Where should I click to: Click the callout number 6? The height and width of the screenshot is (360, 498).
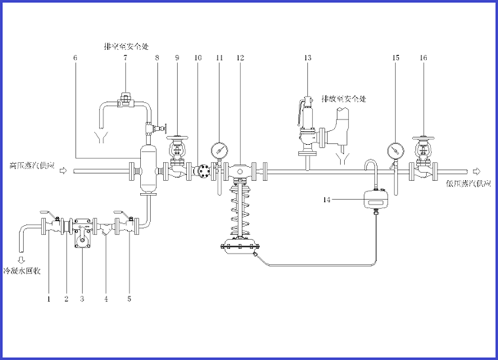(x=75, y=58)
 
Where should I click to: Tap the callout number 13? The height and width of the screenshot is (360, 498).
(x=308, y=58)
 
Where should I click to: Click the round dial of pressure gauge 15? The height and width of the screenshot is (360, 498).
(x=395, y=148)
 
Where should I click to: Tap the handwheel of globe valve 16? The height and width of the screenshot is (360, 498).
(x=423, y=140)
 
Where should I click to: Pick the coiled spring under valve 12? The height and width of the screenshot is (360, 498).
(x=240, y=211)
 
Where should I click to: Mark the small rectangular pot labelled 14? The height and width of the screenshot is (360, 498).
(x=375, y=200)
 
